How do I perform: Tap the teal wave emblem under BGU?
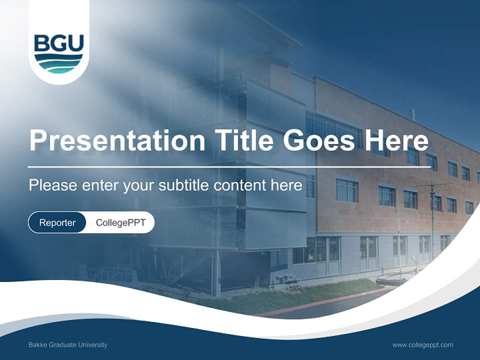58,64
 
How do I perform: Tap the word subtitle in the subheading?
184,185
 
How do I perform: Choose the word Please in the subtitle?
52,185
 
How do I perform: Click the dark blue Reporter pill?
57,222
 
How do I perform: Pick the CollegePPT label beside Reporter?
120,222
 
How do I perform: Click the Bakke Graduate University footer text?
67,344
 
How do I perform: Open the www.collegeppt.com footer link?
422,344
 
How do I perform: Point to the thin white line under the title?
228,166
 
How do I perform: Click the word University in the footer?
94,344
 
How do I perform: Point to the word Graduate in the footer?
62,344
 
